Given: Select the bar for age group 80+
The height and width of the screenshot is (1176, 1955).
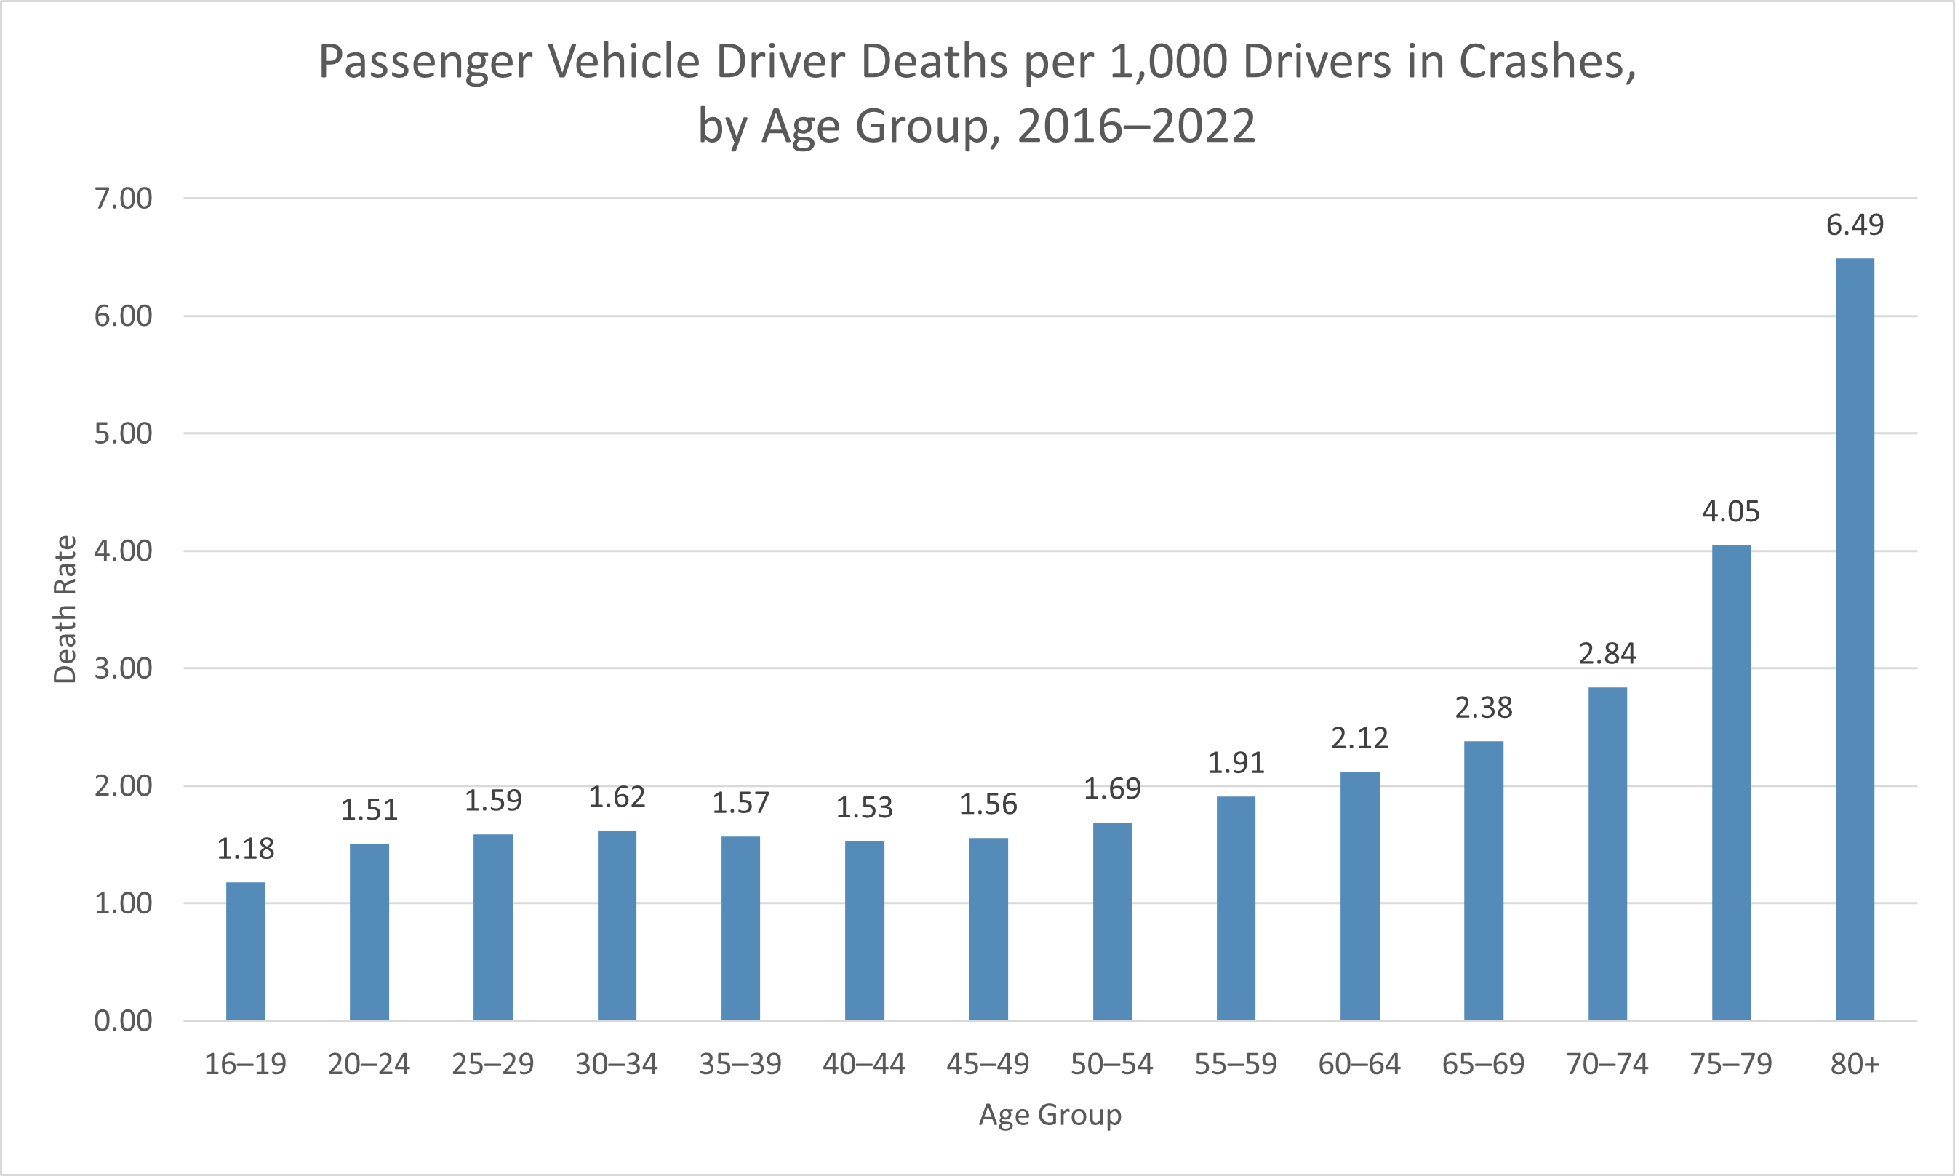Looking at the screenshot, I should pos(1855,639).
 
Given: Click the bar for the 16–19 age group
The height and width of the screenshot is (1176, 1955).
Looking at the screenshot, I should pos(246,951).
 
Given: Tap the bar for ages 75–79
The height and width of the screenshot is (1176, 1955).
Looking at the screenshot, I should pos(1731,782).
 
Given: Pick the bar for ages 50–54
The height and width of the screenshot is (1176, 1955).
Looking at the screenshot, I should pos(1112,921).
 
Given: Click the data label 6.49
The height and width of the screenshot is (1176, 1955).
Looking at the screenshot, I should pos(1855,225).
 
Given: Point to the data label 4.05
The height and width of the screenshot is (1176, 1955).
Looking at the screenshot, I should pos(1731,512).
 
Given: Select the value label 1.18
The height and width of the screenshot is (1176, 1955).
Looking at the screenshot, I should pos(246,849).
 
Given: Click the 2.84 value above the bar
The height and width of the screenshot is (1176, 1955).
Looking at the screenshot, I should pos(1607,654).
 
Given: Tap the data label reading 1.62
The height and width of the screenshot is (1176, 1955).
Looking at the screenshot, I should pos(617,797).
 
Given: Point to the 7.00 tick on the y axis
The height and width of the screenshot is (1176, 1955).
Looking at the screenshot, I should pos(123,198).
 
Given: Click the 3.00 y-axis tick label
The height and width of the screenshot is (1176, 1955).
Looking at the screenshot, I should pos(123,668).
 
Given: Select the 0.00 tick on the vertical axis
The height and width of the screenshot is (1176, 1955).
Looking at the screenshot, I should pos(123,1020).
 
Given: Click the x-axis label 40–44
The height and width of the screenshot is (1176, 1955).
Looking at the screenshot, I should pos(864,1063).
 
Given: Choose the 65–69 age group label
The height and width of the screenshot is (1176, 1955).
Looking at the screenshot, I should pos(1483,1063).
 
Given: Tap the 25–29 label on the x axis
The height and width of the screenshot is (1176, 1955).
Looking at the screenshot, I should pos(493,1063).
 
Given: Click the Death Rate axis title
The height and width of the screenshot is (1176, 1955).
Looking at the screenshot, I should pos(64,609).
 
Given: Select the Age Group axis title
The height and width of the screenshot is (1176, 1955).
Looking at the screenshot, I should pos(1050,1115).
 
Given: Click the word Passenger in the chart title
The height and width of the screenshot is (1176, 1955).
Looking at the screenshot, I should pos(425,62).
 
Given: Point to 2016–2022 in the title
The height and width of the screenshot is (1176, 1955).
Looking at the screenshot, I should pos(1136,126).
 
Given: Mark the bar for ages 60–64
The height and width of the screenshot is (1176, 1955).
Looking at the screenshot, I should pos(1359,895).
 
